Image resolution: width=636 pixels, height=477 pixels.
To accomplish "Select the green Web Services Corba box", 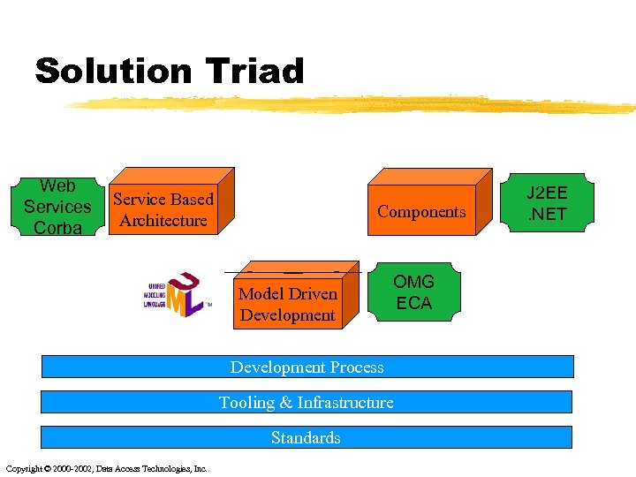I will tap(57, 207).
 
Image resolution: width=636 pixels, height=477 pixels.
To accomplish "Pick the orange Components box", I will tap(421, 212).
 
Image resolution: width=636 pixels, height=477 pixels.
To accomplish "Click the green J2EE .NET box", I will tap(548, 203).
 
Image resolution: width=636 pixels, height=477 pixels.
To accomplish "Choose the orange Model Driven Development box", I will tap(289, 304).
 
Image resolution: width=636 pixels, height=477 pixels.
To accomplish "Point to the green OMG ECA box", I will tap(413, 292).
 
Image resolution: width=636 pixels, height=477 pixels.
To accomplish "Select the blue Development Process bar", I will tap(307, 367).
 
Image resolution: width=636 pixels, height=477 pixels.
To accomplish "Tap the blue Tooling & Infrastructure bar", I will tap(307, 402).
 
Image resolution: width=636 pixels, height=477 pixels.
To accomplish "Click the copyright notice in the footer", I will tap(106, 468).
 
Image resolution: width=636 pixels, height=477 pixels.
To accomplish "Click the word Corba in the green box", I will tap(57, 228).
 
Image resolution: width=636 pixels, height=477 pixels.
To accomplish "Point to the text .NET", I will tap(548, 215).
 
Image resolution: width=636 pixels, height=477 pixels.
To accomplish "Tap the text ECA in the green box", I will tap(413, 303).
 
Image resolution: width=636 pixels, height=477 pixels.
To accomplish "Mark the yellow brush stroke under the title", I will tap(353, 105).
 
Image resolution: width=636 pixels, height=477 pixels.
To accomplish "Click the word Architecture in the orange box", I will tap(163, 221).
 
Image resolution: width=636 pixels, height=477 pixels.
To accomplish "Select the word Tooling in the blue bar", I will tap(246, 403).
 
